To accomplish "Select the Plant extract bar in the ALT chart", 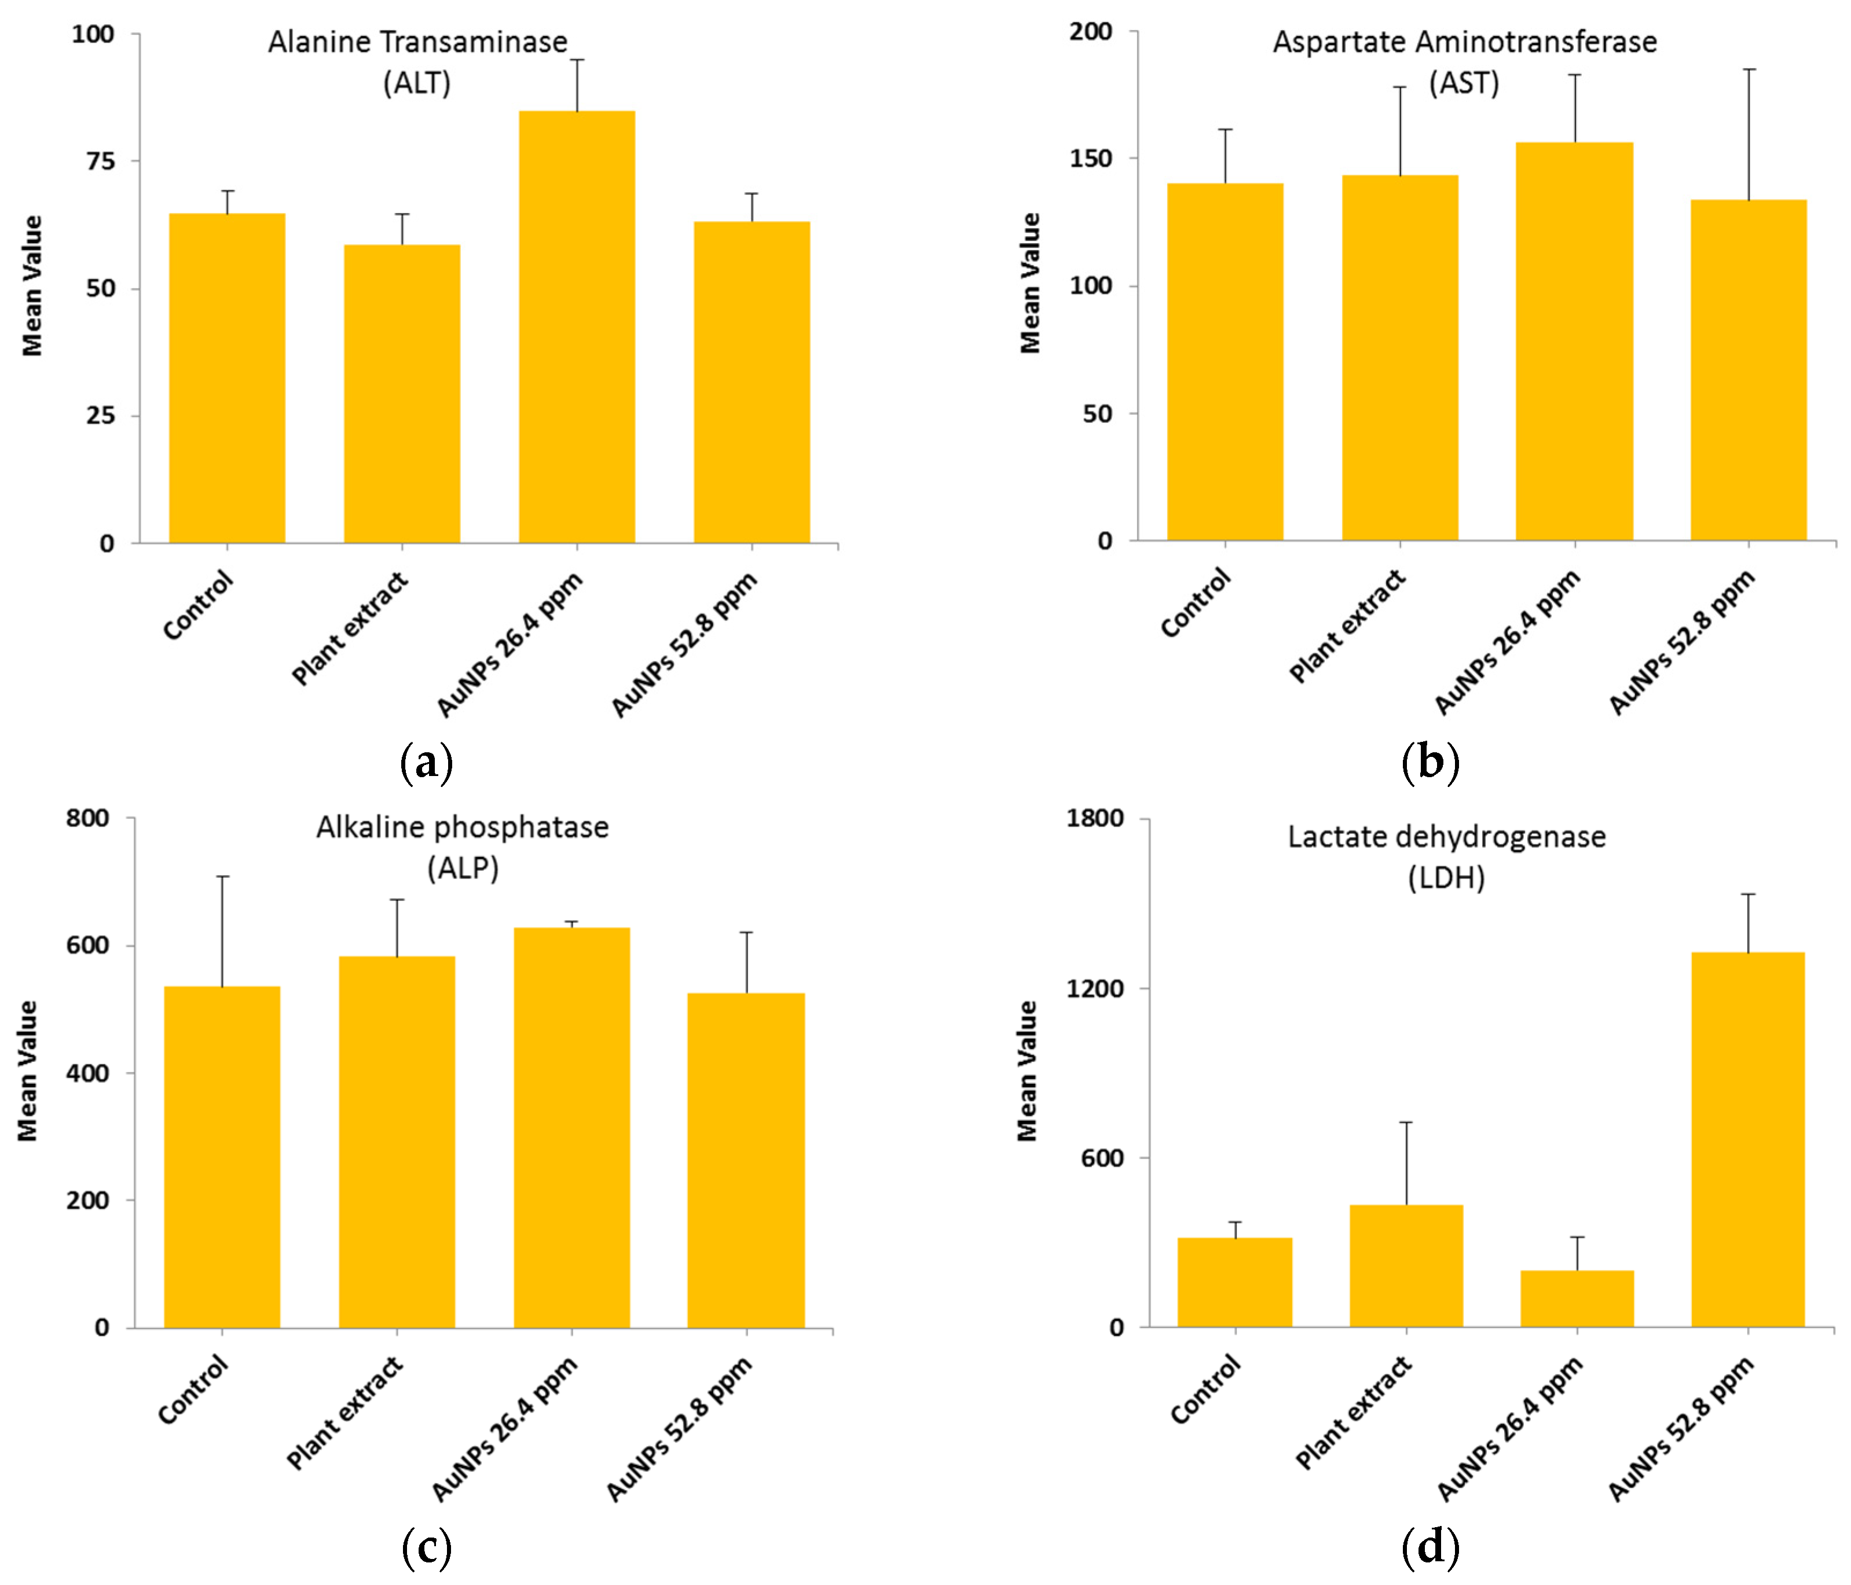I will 402,393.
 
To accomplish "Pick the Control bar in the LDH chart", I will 1234,1282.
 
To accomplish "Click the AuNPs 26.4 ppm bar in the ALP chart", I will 571,1127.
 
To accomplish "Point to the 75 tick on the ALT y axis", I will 101,161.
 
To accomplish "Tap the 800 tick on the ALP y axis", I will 87,818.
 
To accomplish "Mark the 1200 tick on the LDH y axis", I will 1094,988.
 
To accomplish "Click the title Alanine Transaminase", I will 417,42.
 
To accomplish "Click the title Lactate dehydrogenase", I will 1446,837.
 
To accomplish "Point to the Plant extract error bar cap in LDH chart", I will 1406,1121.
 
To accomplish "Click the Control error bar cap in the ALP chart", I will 222,876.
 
